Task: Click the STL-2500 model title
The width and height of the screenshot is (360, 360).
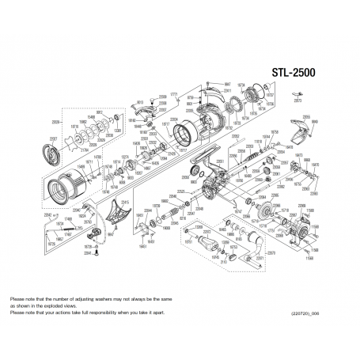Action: [x=294, y=72]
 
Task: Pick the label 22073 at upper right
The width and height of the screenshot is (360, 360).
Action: [x=298, y=102]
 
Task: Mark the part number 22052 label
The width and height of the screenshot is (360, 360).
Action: [x=235, y=136]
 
